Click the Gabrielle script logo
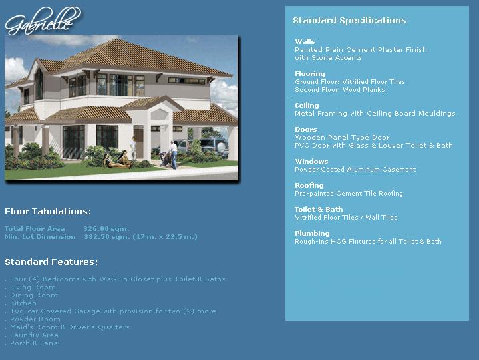43,21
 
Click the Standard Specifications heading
349,21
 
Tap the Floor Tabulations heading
48,211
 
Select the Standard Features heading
51,262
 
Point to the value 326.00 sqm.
106,229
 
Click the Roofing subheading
309,185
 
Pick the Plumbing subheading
312,233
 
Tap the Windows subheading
311,161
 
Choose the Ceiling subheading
307,105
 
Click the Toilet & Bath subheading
319,210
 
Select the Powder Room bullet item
35,319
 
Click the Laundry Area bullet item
34,335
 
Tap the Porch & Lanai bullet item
35,343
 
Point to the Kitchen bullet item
23,303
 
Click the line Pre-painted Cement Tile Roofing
349,194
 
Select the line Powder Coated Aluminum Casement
355,169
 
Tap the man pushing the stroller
174,154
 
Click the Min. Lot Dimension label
40,236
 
